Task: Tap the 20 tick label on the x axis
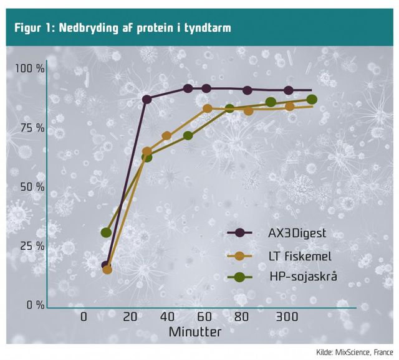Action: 130,316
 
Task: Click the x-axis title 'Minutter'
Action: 195,332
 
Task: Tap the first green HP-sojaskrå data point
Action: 106,233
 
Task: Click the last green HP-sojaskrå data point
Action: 312,100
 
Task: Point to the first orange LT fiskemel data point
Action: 107,270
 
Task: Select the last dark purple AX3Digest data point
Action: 289,90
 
